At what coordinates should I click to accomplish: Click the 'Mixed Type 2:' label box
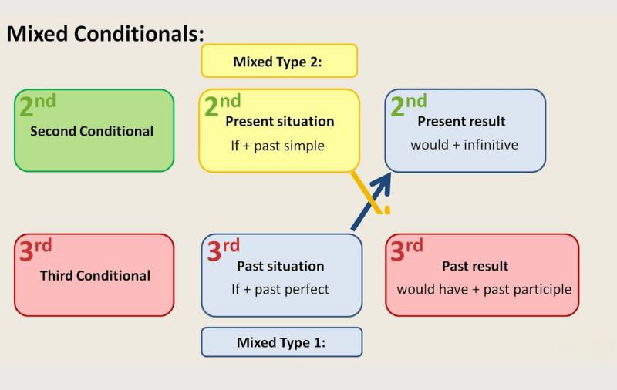[x=278, y=62]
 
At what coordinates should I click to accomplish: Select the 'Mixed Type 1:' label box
[x=282, y=342]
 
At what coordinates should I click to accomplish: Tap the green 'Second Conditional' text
[x=92, y=131]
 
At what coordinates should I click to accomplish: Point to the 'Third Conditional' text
[x=95, y=275]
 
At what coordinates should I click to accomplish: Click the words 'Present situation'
[x=279, y=121]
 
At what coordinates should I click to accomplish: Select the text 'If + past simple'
[x=278, y=146]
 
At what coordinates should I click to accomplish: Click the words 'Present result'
[x=461, y=121]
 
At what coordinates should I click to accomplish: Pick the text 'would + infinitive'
[x=464, y=145]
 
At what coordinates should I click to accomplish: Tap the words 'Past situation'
[x=280, y=266]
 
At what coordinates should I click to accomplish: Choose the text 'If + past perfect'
[x=280, y=290]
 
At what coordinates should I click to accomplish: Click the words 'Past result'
[x=475, y=266]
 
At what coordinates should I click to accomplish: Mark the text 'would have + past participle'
[x=484, y=290]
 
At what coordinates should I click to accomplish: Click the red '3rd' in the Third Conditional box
[x=35, y=250]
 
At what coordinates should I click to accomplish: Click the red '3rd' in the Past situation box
[x=223, y=250]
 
